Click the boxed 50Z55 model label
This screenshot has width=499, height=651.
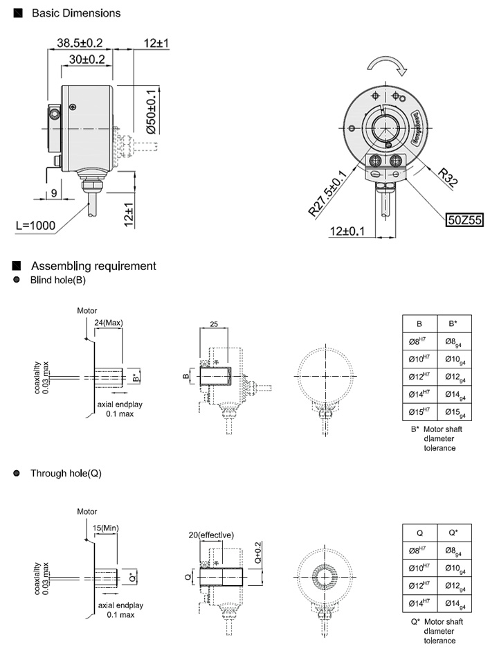[x=463, y=220]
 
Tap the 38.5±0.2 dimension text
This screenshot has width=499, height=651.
[x=80, y=43]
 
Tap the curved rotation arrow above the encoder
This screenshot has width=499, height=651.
[x=388, y=65]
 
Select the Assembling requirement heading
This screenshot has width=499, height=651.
[x=93, y=266]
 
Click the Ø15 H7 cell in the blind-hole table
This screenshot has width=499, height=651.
[x=420, y=412]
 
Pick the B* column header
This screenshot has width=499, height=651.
[x=455, y=324]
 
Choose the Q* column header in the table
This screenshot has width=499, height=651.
[x=455, y=533]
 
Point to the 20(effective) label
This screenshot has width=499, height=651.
[x=211, y=535]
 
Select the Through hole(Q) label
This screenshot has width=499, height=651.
[x=66, y=474]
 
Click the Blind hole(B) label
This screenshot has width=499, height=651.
[x=57, y=280]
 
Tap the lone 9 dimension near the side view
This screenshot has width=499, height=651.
[x=53, y=193]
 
